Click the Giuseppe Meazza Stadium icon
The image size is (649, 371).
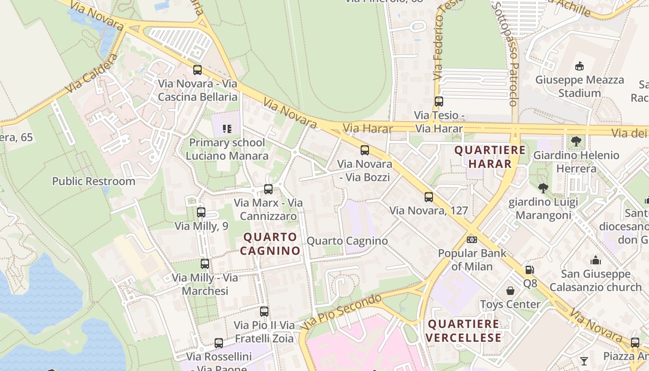[579, 66]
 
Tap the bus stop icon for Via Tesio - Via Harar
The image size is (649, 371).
[439, 101]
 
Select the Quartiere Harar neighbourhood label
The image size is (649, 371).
[490, 157]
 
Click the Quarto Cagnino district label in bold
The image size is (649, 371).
[270, 244]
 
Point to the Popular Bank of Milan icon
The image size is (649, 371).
[472, 240]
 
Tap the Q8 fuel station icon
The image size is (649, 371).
[529, 269]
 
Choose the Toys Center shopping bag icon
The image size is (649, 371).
[510, 291]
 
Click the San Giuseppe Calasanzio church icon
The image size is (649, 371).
[596, 260]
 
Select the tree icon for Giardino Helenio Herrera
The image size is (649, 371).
[576, 141]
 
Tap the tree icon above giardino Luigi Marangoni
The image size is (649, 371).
[543, 188]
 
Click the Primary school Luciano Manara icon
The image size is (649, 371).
[227, 128]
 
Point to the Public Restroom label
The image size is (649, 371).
[94, 181]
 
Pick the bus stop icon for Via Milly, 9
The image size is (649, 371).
[201, 212]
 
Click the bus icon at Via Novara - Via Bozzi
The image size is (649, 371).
[365, 150]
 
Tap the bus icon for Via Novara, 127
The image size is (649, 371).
[429, 197]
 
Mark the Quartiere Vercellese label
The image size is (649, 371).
[464, 331]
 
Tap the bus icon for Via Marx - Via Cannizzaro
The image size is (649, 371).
[268, 189]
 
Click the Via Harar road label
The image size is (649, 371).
[368, 128]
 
